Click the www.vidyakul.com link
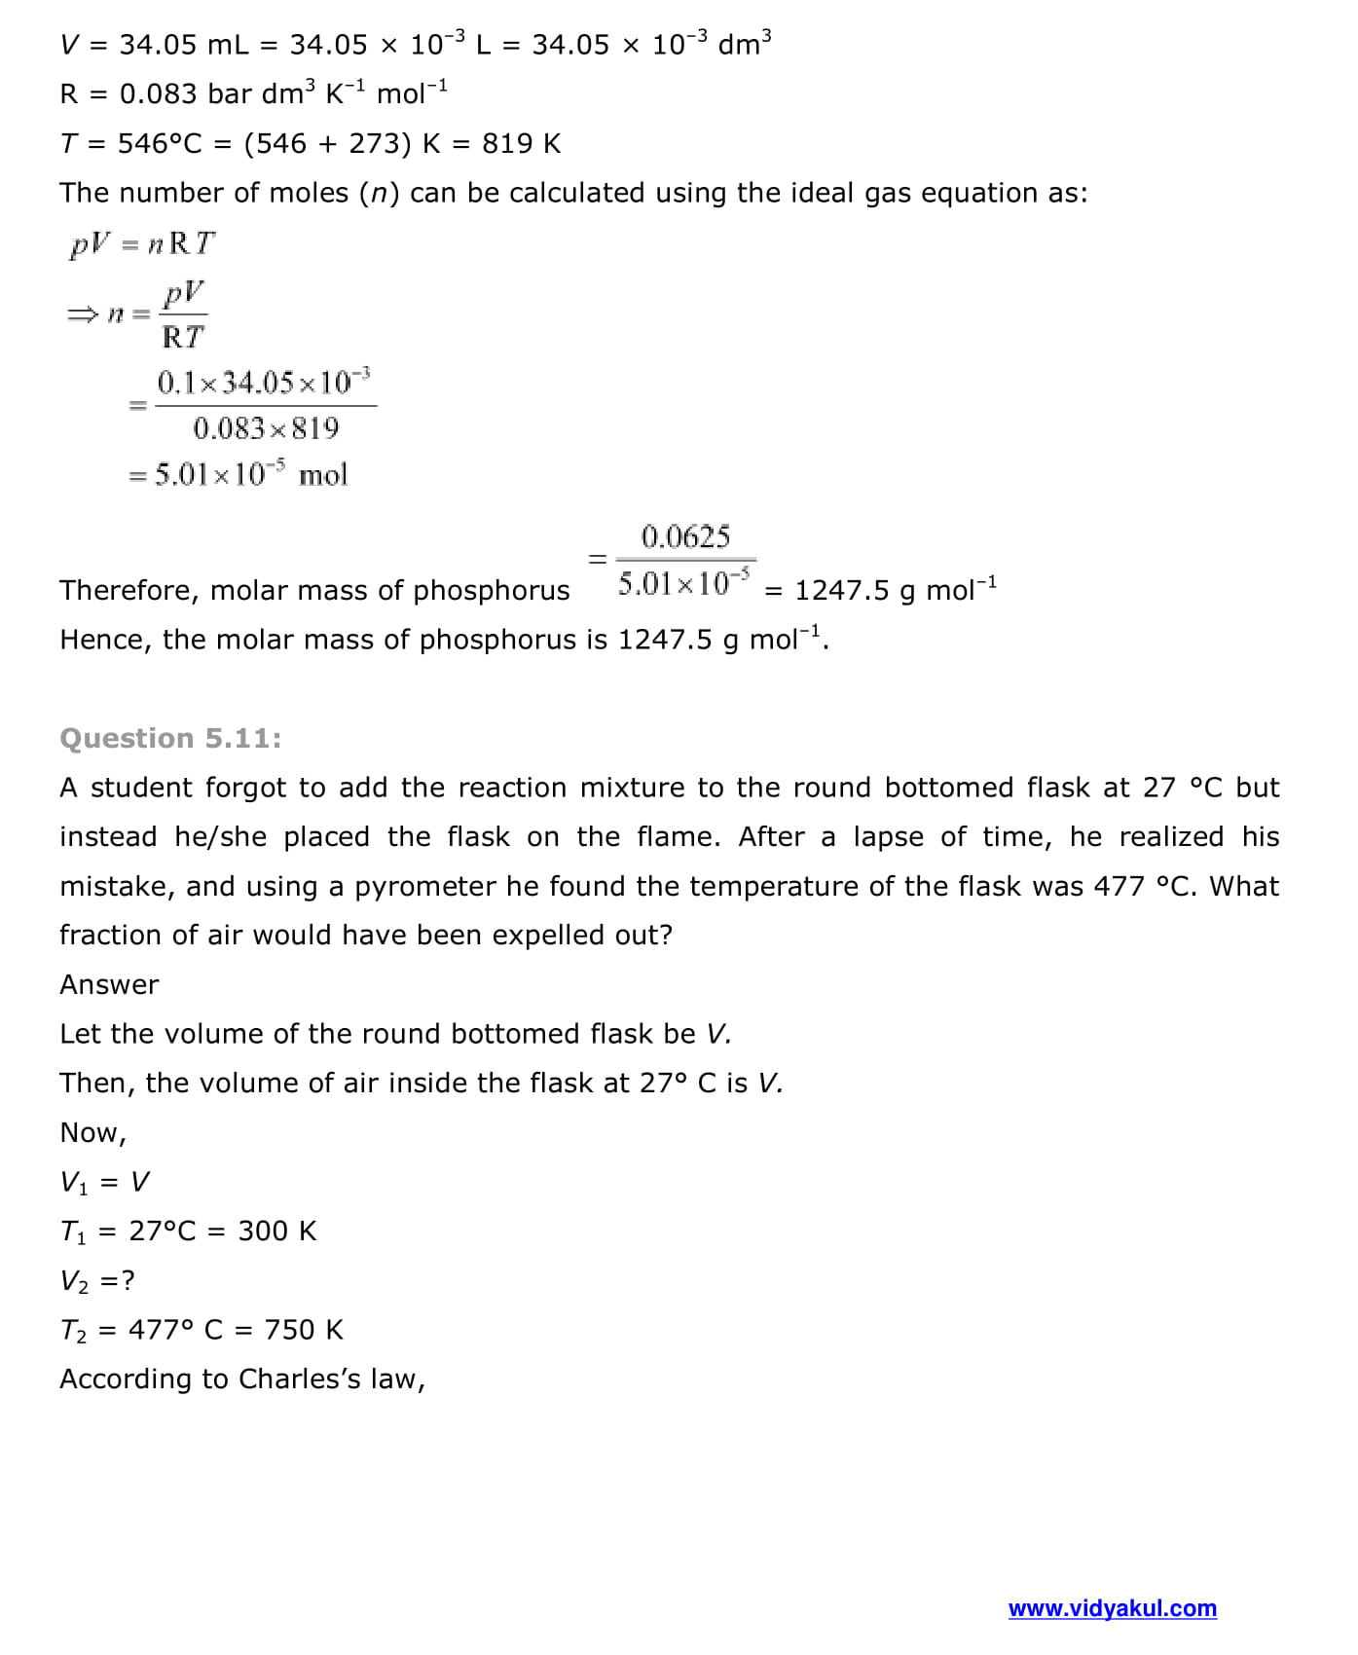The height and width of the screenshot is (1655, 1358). coord(1112,1608)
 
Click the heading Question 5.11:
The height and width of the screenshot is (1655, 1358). coord(170,738)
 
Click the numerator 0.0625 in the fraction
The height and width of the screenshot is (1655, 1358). coord(685,536)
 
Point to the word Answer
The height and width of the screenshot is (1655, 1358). coord(109,984)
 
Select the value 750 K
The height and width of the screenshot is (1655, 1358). coord(304,1330)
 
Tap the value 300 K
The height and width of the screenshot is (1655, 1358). coord(277,1232)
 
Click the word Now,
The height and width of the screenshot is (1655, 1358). coord(93,1133)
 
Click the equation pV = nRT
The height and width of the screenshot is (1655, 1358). coord(142,243)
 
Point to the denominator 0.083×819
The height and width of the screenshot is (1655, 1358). coord(266,428)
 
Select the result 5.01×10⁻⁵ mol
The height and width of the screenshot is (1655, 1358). coord(251,475)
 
